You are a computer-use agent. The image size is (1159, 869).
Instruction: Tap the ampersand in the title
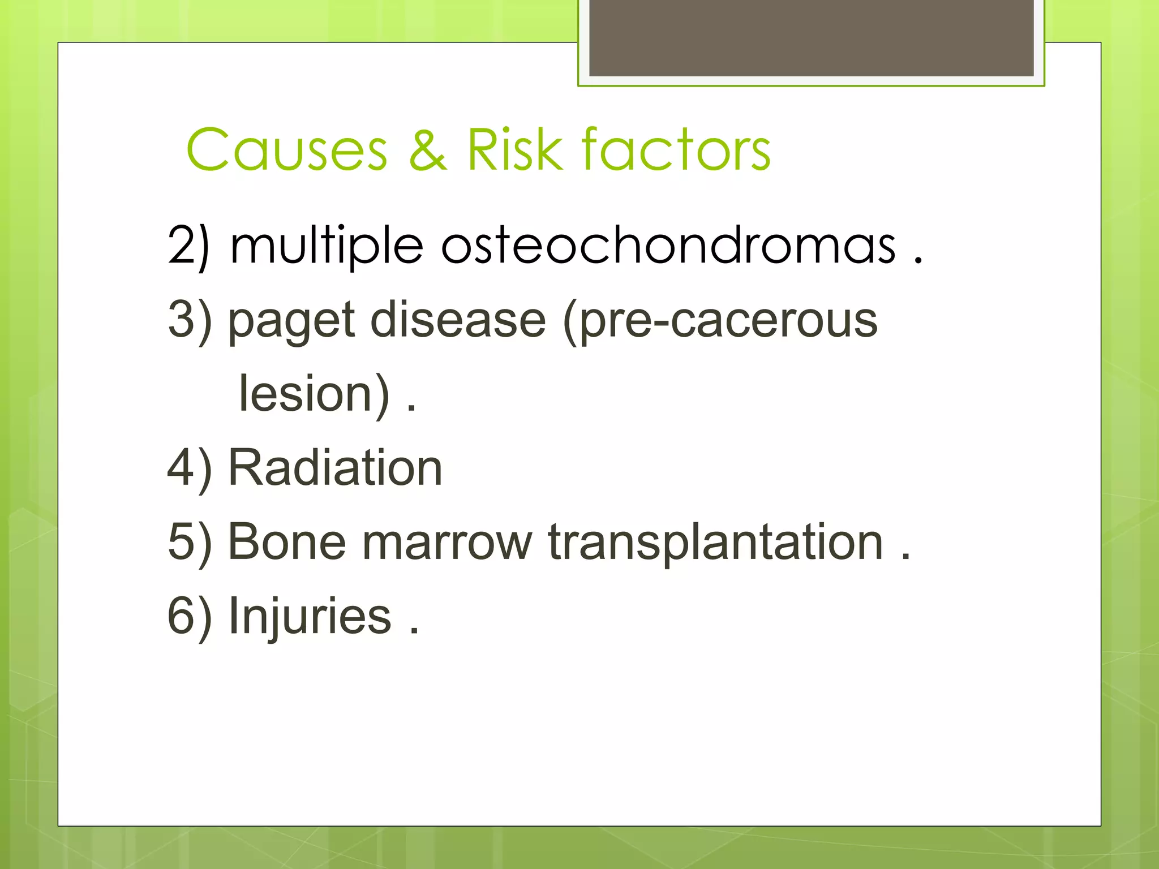pyautogui.click(x=428, y=149)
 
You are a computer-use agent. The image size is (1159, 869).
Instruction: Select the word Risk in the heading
pyautogui.click(x=515, y=149)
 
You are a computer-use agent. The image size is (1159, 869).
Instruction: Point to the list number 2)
pyautogui.click(x=189, y=247)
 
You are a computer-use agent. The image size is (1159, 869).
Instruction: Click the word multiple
pyautogui.click(x=327, y=247)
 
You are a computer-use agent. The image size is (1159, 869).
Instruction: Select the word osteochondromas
pyautogui.click(x=668, y=246)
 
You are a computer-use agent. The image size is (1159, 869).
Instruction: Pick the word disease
pyautogui.click(x=458, y=320)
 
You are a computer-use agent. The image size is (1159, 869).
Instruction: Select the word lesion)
pyautogui.click(x=314, y=394)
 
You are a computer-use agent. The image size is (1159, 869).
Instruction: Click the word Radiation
pyautogui.click(x=335, y=468)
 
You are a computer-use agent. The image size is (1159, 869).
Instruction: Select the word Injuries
pyautogui.click(x=310, y=617)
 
